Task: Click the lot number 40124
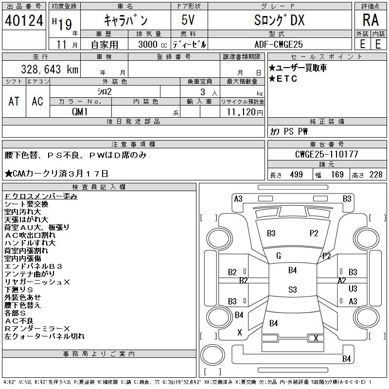coord(24,20)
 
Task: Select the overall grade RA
coord(371,20)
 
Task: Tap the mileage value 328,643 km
coord(50,69)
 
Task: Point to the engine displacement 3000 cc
coord(153,45)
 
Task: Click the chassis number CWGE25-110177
coord(327,154)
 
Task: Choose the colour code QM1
coord(80,112)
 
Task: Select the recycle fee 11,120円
coord(245,112)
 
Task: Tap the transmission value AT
coord(14,102)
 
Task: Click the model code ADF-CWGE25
coord(279,45)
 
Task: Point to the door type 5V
coord(188,20)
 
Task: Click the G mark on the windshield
coord(279,256)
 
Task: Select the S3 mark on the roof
coord(293,289)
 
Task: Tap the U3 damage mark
coord(353,288)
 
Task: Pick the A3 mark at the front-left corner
coord(238,199)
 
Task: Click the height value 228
coord(376,175)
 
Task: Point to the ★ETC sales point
coord(283,79)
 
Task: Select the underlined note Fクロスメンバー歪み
coord(41,196)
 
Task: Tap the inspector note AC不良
coord(19,321)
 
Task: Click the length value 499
coord(297,175)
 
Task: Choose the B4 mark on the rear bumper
coord(347,358)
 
